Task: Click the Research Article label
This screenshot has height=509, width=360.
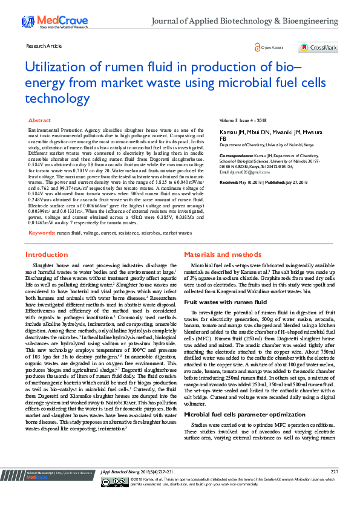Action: (44, 46)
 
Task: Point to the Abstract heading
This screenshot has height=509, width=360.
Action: (40, 121)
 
